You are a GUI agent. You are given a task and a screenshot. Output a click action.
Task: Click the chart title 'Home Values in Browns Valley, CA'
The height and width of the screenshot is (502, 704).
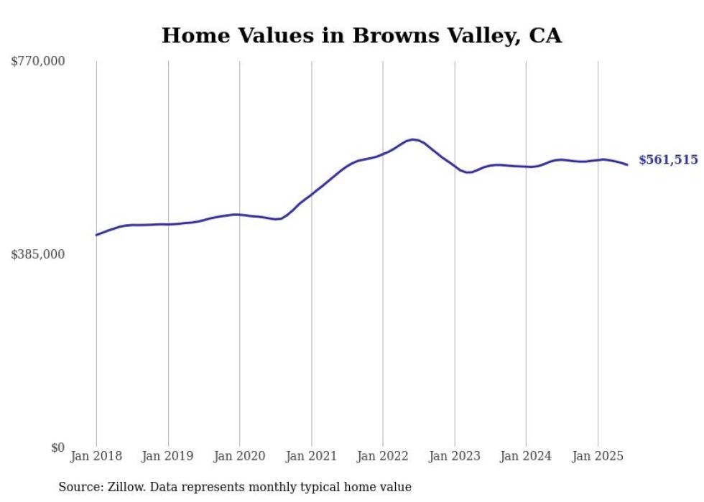click(361, 36)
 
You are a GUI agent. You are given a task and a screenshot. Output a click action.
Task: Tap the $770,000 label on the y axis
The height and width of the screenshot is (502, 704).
click(38, 62)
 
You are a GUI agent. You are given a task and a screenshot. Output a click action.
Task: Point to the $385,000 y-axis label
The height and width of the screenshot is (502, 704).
click(38, 254)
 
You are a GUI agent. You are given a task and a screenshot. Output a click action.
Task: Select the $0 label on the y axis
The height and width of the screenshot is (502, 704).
click(57, 447)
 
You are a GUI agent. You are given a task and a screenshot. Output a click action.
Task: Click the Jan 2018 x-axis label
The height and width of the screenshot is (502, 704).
click(96, 457)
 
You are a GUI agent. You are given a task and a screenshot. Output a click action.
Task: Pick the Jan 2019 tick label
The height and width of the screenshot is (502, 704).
click(168, 457)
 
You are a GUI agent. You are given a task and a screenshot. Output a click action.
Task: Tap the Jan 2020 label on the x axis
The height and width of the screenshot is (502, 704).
click(240, 457)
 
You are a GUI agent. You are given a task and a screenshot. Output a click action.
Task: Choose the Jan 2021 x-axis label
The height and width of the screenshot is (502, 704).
click(311, 457)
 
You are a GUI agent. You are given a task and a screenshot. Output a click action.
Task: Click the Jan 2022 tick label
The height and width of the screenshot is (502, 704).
click(383, 457)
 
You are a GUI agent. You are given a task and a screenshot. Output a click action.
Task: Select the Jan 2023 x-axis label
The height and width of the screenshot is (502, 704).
click(455, 457)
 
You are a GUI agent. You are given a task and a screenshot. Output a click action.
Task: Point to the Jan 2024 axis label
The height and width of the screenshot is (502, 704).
click(526, 457)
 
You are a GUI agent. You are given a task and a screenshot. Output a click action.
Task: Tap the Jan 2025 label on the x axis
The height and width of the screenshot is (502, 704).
click(598, 457)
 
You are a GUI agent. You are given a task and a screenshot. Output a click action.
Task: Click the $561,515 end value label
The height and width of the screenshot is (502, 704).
click(668, 160)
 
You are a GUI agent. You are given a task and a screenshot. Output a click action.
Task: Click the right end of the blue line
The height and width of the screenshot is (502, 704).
click(627, 165)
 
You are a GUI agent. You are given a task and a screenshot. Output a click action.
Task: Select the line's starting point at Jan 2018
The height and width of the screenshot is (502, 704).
click(96, 235)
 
